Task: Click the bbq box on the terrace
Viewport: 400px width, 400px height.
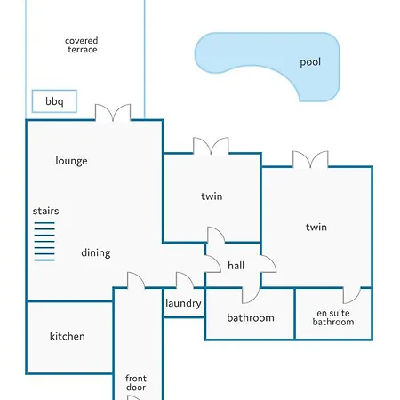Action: point(54,101)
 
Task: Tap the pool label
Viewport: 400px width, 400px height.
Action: point(310,62)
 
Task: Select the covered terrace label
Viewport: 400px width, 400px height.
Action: point(82,45)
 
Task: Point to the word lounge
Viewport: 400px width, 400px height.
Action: point(71,161)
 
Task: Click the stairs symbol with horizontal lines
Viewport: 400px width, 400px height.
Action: point(44,242)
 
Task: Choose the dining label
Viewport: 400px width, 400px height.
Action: point(96,253)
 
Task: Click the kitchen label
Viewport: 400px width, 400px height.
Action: point(68,336)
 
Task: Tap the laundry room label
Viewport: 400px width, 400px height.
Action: point(183,303)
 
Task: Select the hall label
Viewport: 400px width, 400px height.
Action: point(236,266)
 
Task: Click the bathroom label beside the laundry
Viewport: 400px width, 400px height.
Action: point(251,318)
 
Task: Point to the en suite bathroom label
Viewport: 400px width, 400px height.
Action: point(333,317)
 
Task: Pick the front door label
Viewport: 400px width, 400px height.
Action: point(136,383)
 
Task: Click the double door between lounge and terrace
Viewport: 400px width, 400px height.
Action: point(113,113)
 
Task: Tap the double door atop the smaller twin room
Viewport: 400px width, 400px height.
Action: point(211,146)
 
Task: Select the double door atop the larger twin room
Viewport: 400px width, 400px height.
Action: point(310,159)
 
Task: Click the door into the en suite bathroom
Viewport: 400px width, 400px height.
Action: point(352,295)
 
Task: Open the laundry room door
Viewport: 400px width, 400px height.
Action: point(185,280)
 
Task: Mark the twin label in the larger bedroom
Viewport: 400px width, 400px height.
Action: point(316,228)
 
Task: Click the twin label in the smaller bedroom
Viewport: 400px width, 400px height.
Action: point(212,196)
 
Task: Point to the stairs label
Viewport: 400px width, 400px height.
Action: point(45,211)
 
